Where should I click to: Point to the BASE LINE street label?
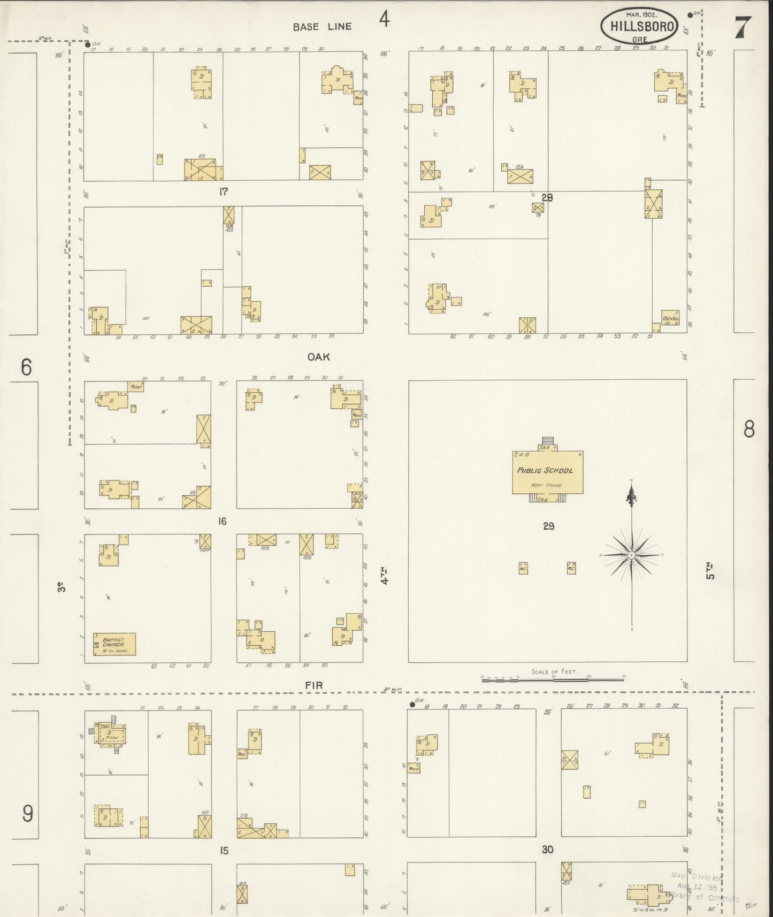click(x=322, y=27)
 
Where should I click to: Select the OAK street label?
click(x=318, y=357)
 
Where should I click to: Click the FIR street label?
click(x=314, y=685)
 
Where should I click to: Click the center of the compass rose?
click(x=632, y=555)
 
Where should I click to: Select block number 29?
click(x=548, y=526)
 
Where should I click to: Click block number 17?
click(x=223, y=192)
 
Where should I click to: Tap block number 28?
click(x=547, y=197)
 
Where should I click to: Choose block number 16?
click(x=223, y=521)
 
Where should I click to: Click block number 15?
click(x=224, y=850)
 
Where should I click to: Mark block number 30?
click(x=547, y=849)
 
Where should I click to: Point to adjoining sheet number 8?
click(x=749, y=429)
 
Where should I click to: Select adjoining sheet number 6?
click(x=26, y=368)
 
